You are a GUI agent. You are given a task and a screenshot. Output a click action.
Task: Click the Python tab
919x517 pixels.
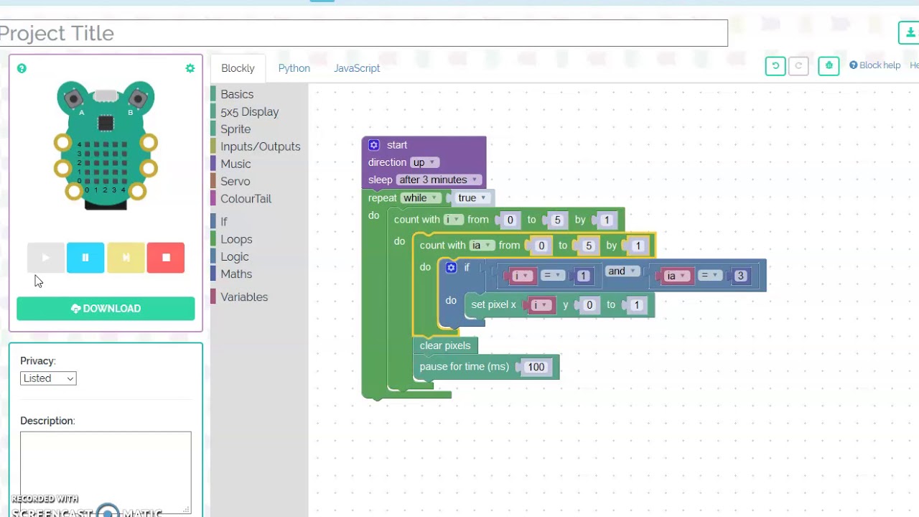(x=294, y=68)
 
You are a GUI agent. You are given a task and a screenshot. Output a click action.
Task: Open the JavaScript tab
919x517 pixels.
(x=357, y=68)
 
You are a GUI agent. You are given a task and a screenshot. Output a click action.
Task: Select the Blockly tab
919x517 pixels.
(x=238, y=68)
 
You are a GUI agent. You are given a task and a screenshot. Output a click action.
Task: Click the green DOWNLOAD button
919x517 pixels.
(x=106, y=308)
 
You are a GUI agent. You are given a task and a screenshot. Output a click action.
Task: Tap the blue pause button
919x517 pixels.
(x=85, y=258)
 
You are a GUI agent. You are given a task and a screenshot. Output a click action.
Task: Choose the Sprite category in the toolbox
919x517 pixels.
(x=235, y=129)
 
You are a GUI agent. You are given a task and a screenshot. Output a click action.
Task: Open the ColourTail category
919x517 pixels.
(x=246, y=199)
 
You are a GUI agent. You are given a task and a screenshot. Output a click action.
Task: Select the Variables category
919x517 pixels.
(x=244, y=297)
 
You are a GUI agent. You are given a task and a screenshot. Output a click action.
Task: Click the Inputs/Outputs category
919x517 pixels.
(x=260, y=146)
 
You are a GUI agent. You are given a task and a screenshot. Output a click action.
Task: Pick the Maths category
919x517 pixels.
(x=236, y=274)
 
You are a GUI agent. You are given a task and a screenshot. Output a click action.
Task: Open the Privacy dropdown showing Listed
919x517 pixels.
(x=48, y=378)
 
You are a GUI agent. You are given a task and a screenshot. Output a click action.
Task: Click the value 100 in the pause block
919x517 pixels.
(x=536, y=367)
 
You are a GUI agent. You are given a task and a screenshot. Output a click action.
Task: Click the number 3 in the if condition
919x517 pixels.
(x=740, y=276)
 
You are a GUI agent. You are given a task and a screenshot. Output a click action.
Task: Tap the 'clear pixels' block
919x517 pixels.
(x=445, y=345)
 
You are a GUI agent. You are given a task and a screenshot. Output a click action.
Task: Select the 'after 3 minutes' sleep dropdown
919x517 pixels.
(x=438, y=180)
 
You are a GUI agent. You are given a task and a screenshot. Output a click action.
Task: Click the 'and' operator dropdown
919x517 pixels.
(x=622, y=271)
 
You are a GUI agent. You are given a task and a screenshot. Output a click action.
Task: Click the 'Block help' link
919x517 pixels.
(x=874, y=65)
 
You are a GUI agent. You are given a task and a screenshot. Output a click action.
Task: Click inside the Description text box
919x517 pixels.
(x=106, y=470)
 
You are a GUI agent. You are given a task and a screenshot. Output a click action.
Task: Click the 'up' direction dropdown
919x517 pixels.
(x=424, y=162)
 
